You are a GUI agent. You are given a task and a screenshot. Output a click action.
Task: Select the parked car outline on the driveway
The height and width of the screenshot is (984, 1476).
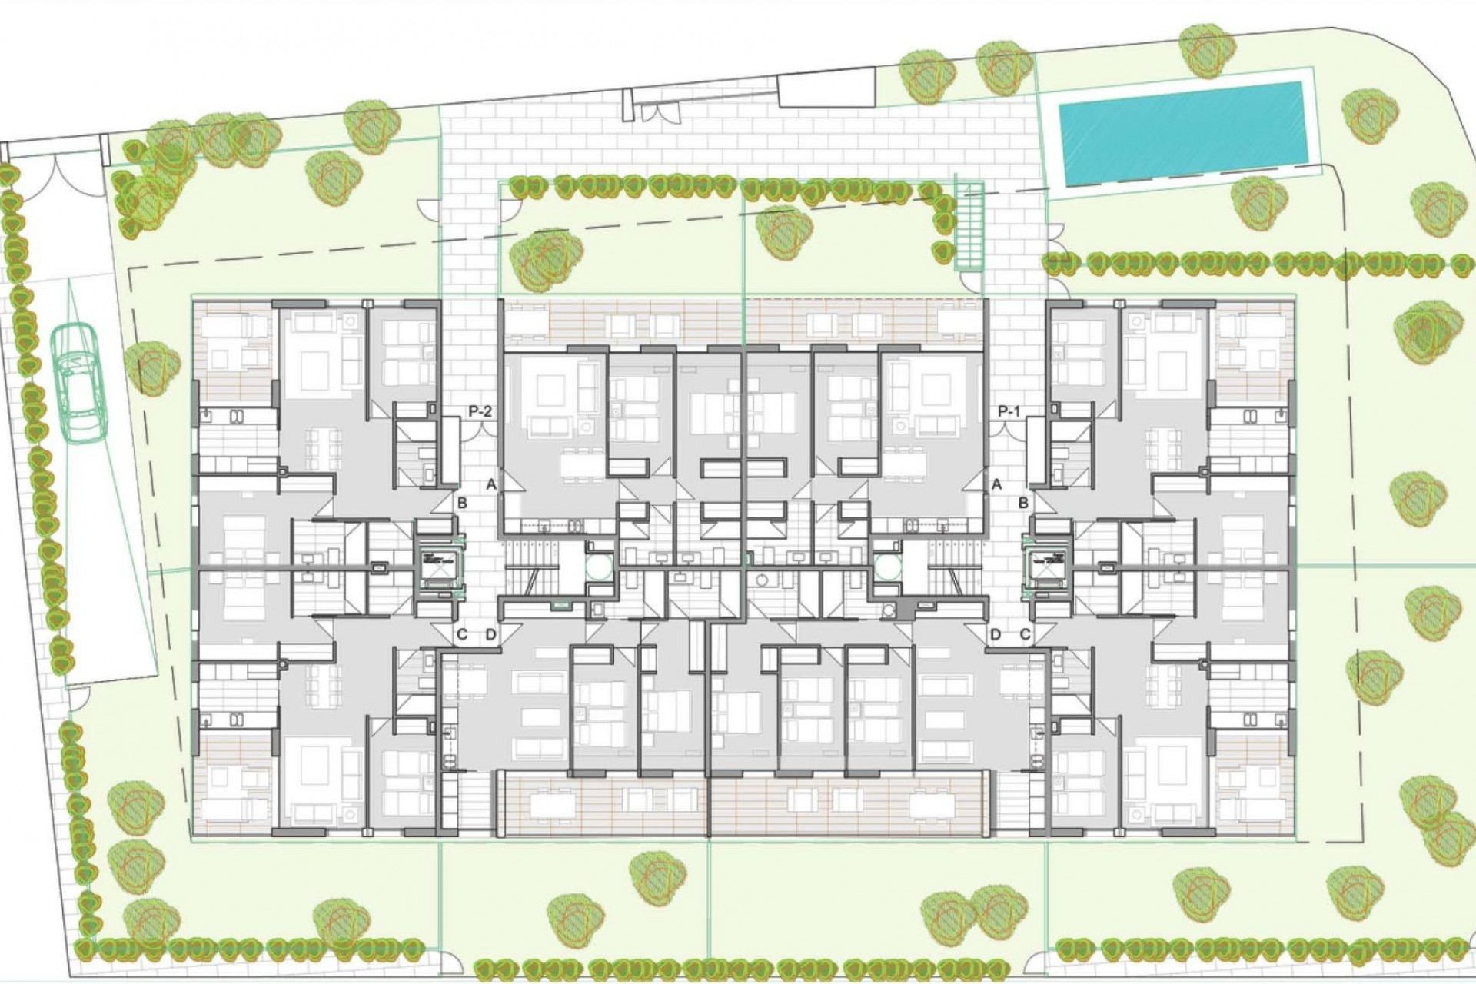78,382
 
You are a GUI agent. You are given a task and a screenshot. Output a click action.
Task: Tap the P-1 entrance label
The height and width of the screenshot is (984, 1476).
1009,412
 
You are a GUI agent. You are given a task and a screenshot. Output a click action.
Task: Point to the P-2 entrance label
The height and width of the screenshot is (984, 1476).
480,412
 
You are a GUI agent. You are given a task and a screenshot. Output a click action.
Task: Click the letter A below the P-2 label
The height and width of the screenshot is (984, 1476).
490,484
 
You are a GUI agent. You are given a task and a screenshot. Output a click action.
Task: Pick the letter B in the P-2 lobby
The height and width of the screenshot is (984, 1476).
463,504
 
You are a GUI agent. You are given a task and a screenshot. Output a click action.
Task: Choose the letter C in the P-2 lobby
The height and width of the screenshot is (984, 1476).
462,635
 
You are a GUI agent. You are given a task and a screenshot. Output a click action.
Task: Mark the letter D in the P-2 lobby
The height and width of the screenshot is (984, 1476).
490,635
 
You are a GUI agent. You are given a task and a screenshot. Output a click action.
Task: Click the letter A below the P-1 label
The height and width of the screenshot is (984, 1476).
997,484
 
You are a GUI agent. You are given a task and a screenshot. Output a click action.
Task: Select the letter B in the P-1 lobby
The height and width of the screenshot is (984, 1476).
1024,504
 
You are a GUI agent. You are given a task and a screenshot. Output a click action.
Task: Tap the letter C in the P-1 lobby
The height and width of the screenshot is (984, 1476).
1026,635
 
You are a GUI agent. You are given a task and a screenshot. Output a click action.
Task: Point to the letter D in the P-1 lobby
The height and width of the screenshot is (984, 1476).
996,635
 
